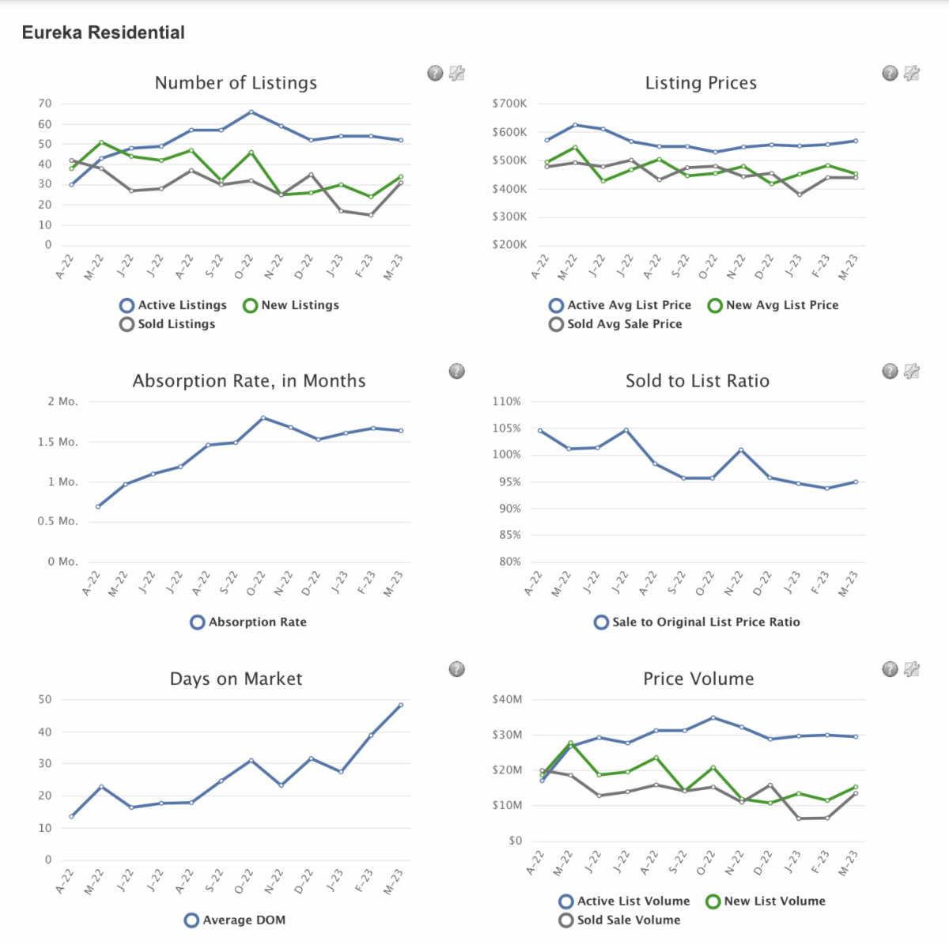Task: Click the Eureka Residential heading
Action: coord(103,32)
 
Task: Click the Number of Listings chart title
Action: coord(236,83)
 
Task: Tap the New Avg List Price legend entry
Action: coord(773,305)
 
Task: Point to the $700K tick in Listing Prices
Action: coord(509,104)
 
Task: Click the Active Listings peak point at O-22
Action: coord(251,112)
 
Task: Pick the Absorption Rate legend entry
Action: coord(248,622)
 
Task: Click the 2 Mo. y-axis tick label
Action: coord(62,402)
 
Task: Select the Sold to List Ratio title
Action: coord(697,381)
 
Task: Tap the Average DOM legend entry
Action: coord(235,920)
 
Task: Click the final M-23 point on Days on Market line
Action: coord(401,705)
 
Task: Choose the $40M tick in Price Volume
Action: coord(507,700)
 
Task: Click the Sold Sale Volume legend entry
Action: coord(619,920)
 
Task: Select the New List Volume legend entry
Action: coord(765,902)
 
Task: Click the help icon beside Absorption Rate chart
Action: coord(456,372)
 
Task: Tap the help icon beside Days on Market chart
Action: coord(456,670)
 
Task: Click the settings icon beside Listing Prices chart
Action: coord(912,74)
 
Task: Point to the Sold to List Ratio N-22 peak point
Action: coord(740,450)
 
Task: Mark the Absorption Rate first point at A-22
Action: coord(98,507)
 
